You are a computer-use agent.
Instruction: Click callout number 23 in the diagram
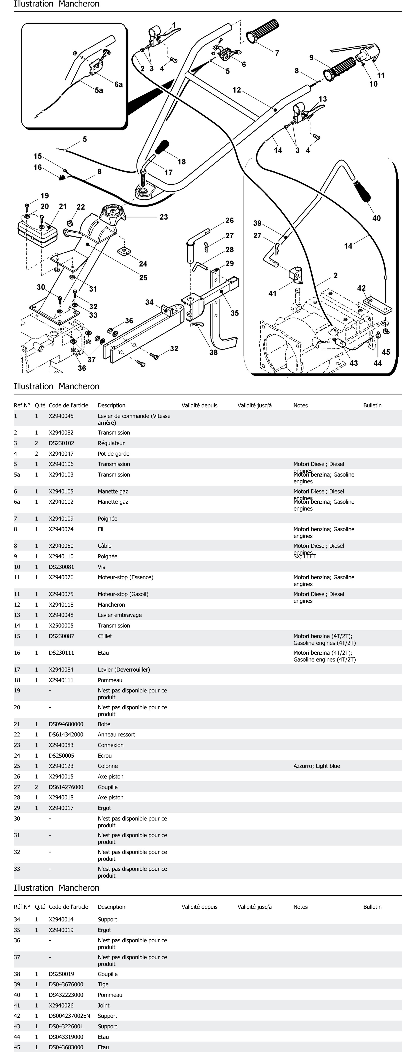(163, 217)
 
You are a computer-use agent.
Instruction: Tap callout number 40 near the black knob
(376, 218)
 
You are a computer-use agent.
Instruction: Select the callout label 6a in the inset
(119, 84)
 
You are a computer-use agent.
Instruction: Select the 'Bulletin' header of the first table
(372, 405)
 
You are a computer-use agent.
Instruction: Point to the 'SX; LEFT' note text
(304, 556)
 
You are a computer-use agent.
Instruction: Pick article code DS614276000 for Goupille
(66, 787)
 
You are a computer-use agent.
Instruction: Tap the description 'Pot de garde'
(114, 454)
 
